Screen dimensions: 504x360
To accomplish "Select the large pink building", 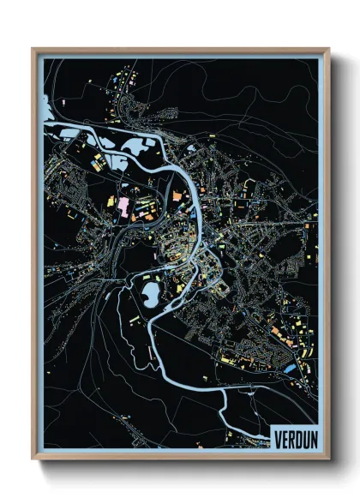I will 122,206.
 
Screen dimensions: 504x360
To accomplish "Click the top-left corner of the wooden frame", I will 33,49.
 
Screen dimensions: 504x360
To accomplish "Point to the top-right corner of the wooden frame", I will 328,49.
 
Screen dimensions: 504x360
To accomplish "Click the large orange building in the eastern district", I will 276,330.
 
